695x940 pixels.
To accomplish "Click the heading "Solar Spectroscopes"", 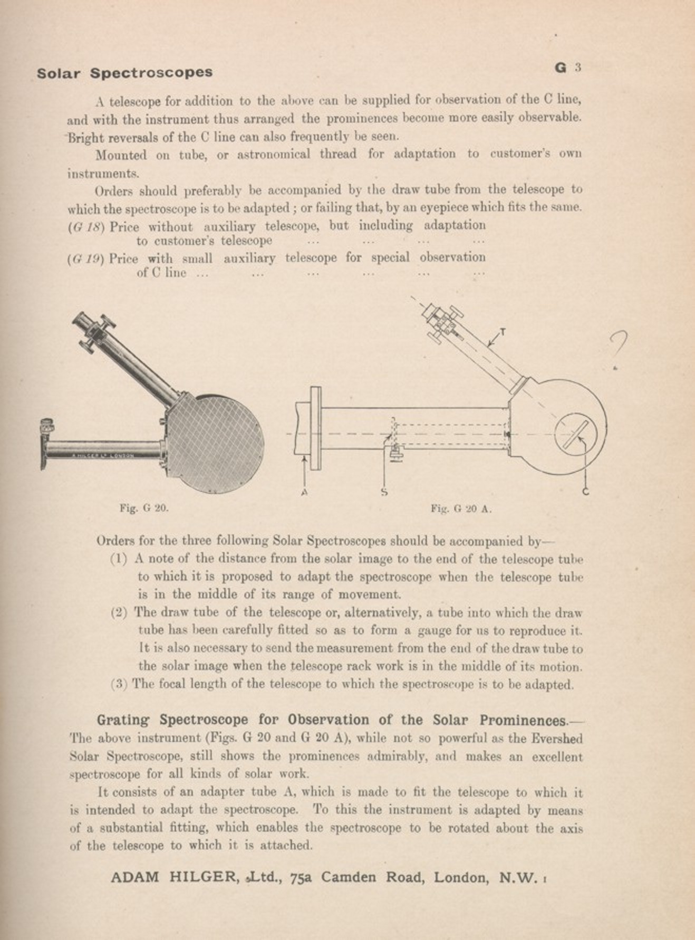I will (x=124, y=72).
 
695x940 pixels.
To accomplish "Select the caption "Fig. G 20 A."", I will (x=461, y=509).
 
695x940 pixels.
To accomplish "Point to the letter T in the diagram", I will (x=502, y=332).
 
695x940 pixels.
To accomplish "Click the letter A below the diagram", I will (x=304, y=492).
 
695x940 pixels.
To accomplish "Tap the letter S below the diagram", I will (x=384, y=493).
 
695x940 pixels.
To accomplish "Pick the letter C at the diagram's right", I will (x=585, y=492).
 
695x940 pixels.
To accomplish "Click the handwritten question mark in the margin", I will (x=618, y=346).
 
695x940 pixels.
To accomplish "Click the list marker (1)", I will (x=119, y=559).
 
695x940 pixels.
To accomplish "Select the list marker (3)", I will (x=119, y=684).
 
